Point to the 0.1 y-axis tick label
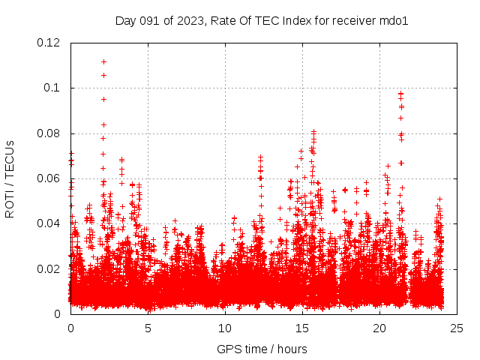[x=52, y=88]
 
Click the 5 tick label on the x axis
[x=148, y=328]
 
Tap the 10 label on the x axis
[x=225, y=328]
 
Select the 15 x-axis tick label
[x=302, y=328]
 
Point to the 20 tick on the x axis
[x=379, y=328]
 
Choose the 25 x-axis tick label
[x=457, y=328]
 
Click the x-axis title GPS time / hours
[x=262, y=349]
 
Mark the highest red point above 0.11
[x=103, y=61]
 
